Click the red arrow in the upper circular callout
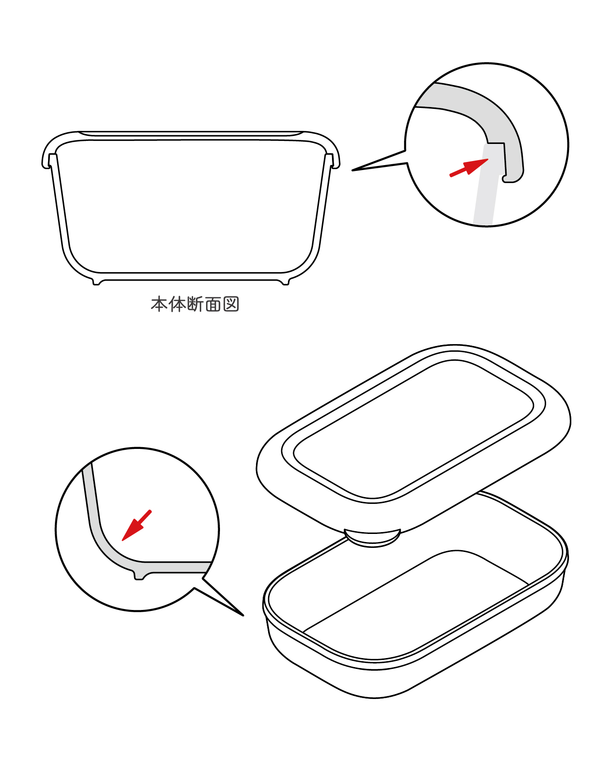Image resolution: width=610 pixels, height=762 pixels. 469,168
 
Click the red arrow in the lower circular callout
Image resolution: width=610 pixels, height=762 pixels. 137,525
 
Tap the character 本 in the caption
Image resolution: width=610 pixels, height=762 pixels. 159,305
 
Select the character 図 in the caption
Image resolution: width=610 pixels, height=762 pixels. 231,305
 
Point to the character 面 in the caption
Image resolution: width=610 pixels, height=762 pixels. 213,305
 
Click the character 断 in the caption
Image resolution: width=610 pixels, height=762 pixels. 195,305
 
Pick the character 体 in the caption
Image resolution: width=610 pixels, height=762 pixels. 177,305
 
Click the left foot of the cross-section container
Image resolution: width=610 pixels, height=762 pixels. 96,282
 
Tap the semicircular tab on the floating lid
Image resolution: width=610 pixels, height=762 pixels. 372,538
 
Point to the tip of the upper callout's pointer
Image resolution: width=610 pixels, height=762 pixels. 352,170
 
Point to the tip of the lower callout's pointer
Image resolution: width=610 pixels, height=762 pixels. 243,615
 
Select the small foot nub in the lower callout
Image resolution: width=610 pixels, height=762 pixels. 139,575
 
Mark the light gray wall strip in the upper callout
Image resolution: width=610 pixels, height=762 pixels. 486,184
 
